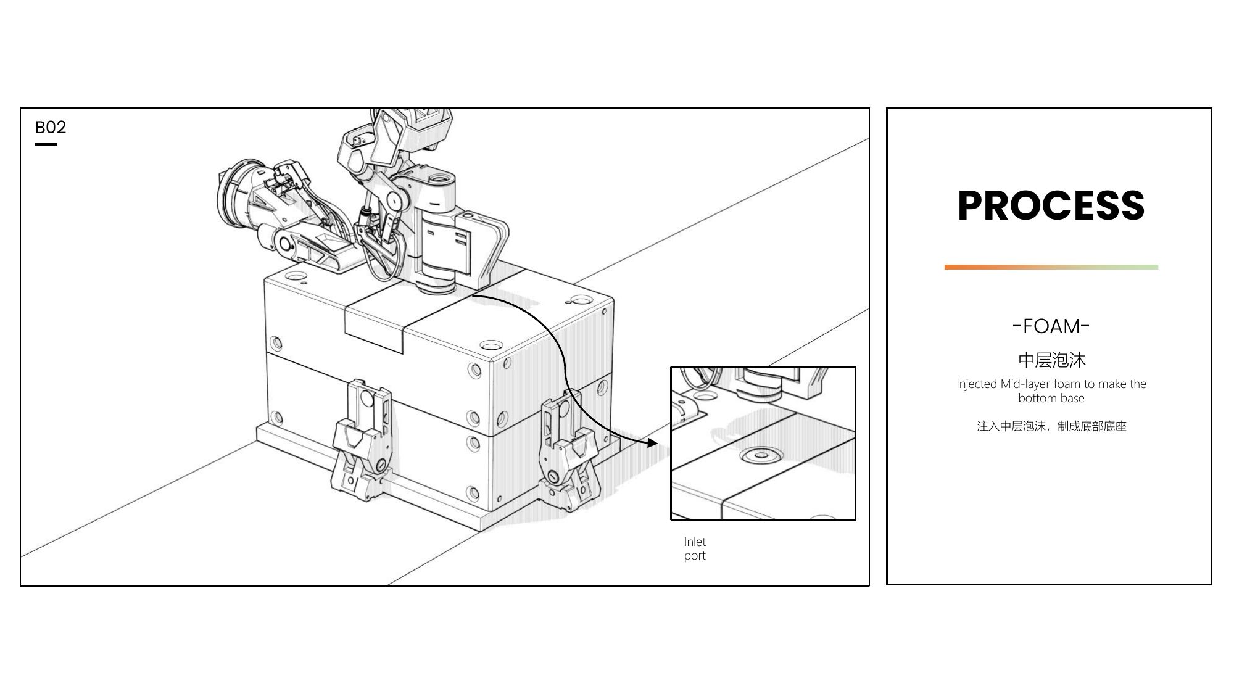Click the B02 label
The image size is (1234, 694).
(51, 127)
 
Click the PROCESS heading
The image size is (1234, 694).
(1051, 205)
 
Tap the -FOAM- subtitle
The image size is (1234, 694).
(1051, 326)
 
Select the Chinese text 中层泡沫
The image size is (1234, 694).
(1051, 360)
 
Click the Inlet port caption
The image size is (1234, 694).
(695, 548)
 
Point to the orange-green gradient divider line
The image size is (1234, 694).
(1051, 267)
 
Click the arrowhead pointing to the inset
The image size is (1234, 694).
(652, 443)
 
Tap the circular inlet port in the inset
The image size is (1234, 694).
(761, 456)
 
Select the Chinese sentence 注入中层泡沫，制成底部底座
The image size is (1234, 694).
(1051, 426)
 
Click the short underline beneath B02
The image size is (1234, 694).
(46, 144)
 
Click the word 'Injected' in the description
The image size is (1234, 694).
(977, 384)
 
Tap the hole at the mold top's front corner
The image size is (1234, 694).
(491, 344)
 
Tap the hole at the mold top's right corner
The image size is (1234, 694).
(581, 300)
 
